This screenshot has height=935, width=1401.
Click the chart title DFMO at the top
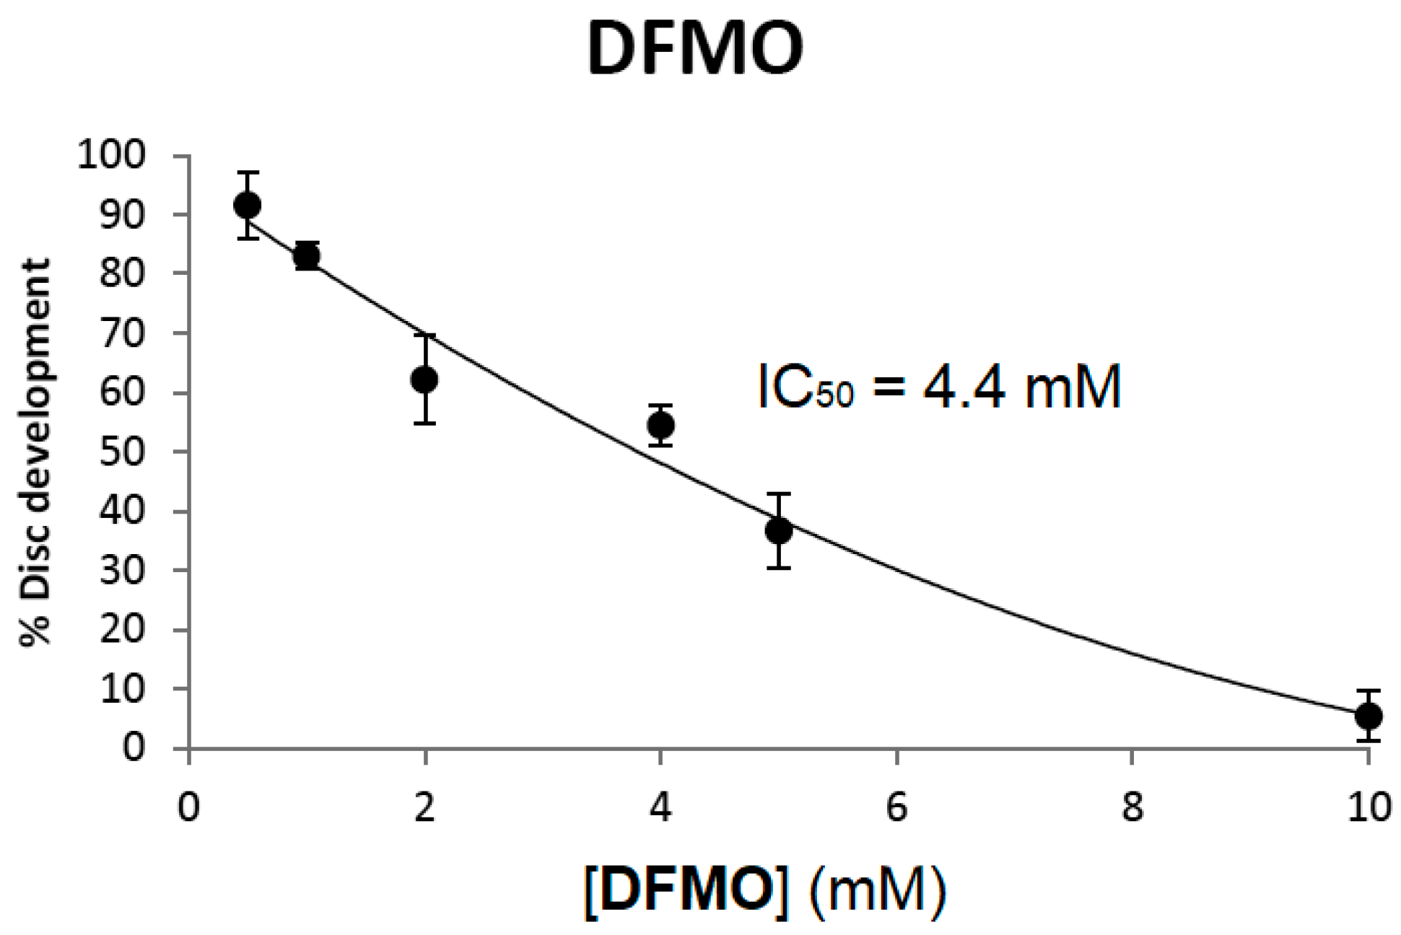[x=694, y=49]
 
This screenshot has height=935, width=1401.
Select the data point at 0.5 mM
[x=248, y=206]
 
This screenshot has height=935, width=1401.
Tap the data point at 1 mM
[x=307, y=255]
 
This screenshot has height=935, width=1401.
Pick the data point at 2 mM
[x=424, y=379]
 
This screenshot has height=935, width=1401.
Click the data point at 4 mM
[x=660, y=425]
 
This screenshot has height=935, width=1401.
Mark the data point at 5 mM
[x=778, y=532]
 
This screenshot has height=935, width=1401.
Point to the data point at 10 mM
[x=1368, y=716]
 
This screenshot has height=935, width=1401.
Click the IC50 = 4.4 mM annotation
[x=939, y=387]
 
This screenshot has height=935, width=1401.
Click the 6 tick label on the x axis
[x=896, y=807]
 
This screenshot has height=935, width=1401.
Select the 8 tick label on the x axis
[x=1132, y=807]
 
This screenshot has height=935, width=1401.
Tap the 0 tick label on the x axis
[x=188, y=807]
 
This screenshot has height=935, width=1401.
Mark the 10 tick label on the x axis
[x=1369, y=807]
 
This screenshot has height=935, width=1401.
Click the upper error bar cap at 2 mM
[x=424, y=335]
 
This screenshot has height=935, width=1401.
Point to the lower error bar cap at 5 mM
[x=778, y=568]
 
